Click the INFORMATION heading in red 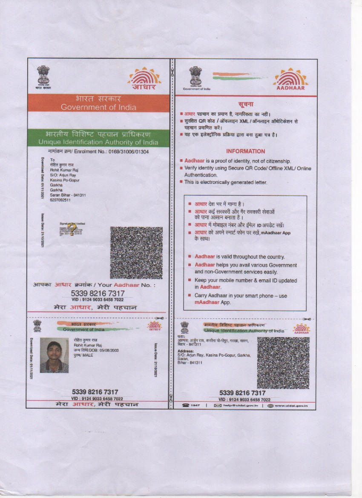tap(245, 151)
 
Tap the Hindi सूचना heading tap(246, 104)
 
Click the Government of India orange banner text tap(98, 107)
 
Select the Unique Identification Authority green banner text tap(98, 142)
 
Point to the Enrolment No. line tap(98, 152)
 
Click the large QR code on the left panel tap(136, 253)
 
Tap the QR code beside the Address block tap(283, 362)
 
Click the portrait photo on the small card tap(54, 356)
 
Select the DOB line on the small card tap(96, 350)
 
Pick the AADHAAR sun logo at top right tap(290, 79)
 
